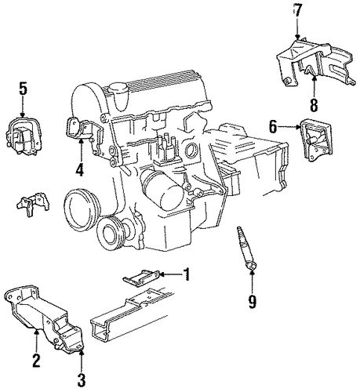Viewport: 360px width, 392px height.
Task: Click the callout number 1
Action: (186, 274)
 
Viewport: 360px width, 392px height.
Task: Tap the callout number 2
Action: (36, 361)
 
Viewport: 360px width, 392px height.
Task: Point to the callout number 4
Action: (80, 169)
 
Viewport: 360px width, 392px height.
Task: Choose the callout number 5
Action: (23, 89)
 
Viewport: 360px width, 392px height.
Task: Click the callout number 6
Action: (273, 127)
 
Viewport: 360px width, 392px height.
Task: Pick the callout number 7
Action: (297, 11)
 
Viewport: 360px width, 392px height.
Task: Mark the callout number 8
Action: (314, 105)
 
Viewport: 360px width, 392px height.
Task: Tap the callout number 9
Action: (252, 301)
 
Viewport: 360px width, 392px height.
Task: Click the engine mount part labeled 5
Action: (24, 136)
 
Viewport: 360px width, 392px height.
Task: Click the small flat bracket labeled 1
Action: (141, 278)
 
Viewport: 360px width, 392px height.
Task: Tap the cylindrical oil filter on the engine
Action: (160, 190)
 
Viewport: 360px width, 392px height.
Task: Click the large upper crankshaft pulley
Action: (82, 209)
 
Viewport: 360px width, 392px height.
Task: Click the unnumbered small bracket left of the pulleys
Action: (33, 203)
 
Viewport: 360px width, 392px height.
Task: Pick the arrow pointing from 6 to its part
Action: (289, 127)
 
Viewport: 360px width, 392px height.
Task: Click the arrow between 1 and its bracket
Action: (170, 274)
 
